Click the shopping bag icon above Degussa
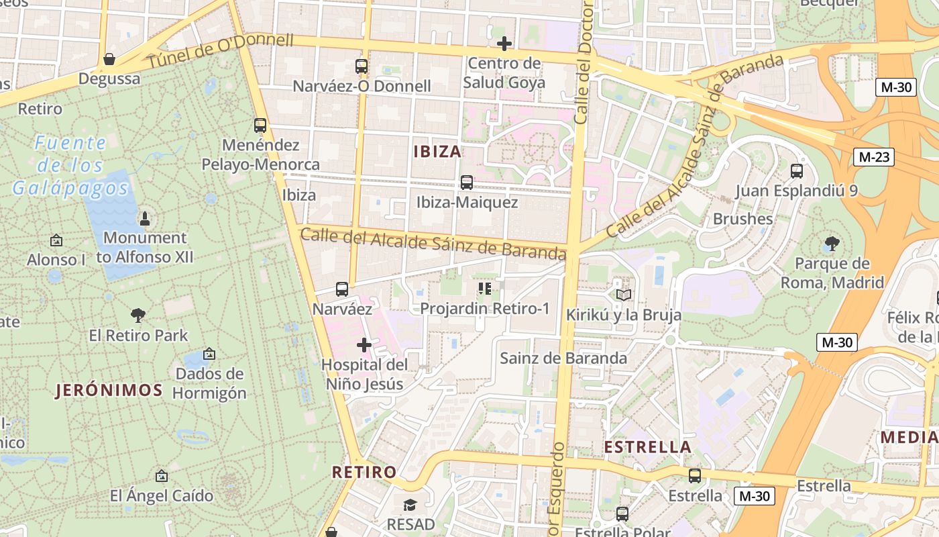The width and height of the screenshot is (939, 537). coord(109,60)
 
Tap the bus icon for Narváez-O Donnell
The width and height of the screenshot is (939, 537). coord(362,66)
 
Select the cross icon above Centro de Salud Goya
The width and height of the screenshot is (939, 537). coord(504,44)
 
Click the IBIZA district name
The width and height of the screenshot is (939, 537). coord(437,151)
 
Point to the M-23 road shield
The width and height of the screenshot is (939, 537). coord(875,157)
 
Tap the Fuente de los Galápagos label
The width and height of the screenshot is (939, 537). coord(70,166)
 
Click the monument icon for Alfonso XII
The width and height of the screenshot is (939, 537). coord(144,218)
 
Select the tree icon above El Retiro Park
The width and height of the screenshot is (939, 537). coord(138,315)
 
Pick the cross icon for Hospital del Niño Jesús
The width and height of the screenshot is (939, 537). coord(364,345)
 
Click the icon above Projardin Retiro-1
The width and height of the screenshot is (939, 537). coord(484,289)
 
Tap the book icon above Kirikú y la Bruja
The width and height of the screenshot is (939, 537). coord(624,295)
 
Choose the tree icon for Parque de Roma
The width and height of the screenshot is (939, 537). coord(832,243)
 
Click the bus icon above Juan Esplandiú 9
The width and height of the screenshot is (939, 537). coord(797,170)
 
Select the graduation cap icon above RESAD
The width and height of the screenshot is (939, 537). coord(410,504)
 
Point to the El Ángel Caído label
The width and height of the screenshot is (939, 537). coord(162,496)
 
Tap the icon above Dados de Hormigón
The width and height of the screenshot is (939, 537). coord(209,353)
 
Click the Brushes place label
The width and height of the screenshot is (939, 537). coord(742,219)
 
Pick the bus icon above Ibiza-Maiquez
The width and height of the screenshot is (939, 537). coord(467,182)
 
